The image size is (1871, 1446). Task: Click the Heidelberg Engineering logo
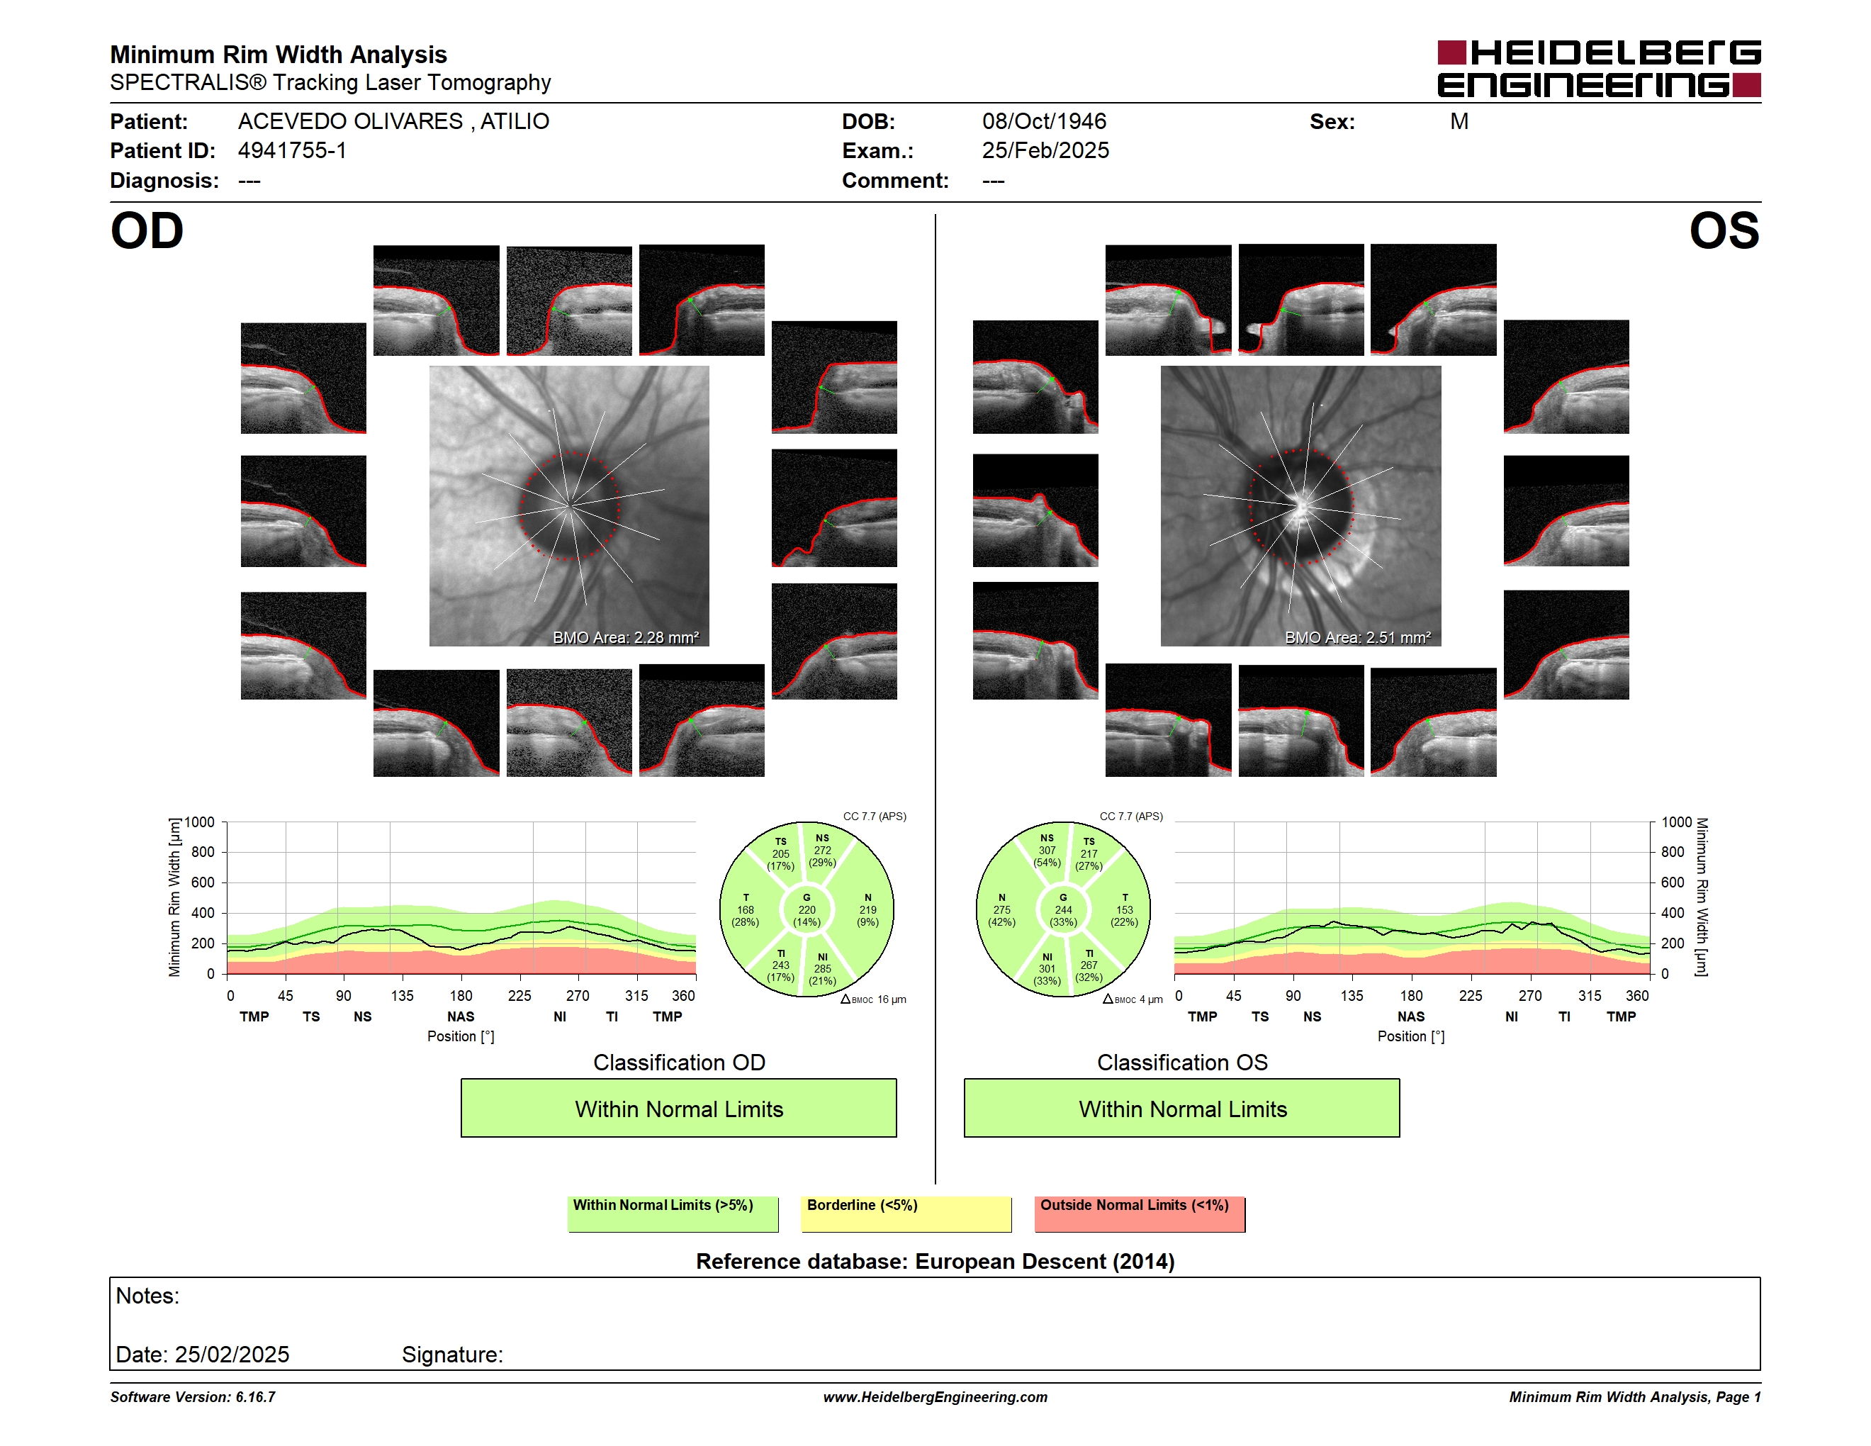tap(1599, 69)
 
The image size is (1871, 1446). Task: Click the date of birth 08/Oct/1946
tap(1043, 122)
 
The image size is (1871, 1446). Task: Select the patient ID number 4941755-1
tap(292, 151)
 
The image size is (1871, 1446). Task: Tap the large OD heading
tap(147, 231)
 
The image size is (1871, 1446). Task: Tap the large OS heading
tap(1724, 231)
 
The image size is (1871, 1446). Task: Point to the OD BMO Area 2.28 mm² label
tap(625, 637)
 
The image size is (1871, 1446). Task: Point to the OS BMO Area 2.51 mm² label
tap(1357, 637)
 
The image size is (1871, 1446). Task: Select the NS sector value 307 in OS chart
tap(1047, 851)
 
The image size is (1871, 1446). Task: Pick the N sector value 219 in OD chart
tap(868, 909)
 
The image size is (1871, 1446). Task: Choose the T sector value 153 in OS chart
tap(1124, 909)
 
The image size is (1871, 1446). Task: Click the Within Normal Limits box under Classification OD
tap(678, 1108)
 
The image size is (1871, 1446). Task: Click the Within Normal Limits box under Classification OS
tap(1182, 1108)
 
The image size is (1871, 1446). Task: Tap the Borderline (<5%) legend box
tap(906, 1214)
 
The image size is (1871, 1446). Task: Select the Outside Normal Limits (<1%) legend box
tap(1140, 1214)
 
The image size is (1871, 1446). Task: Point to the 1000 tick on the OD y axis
tap(200, 822)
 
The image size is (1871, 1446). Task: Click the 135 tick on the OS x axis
tap(1352, 995)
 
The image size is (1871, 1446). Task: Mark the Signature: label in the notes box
tap(452, 1355)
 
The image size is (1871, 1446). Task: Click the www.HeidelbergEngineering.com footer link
tap(935, 1397)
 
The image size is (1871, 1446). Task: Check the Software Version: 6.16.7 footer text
tap(193, 1397)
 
